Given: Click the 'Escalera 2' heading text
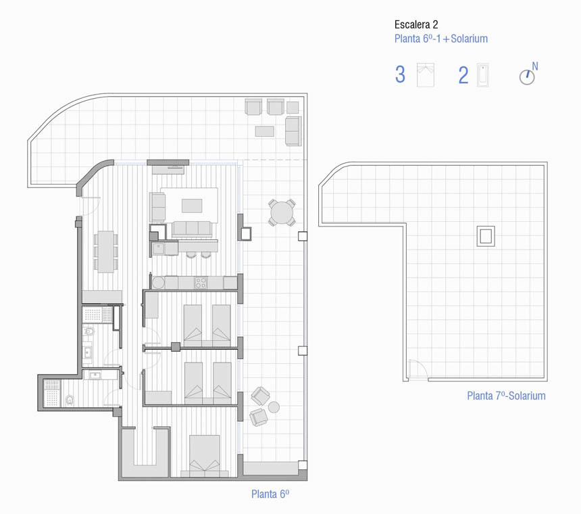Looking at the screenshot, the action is click(x=415, y=25).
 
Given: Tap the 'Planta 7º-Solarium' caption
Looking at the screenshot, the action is click(x=506, y=396).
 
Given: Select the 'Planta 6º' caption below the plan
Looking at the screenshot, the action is click(x=270, y=494).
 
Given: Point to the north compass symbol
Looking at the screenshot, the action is click(x=528, y=74).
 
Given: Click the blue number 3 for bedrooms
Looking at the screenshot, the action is click(x=400, y=74).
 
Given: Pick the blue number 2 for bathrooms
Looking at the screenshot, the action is click(x=463, y=75).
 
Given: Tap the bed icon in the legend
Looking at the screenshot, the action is click(x=426, y=75).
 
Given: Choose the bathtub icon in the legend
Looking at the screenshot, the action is click(x=483, y=75).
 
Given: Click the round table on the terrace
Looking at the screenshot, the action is click(x=282, y=212).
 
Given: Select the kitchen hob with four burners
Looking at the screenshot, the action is click(x=201, y=283).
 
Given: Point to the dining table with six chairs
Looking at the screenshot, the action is click(x=105, y=252).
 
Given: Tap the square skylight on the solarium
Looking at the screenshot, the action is click(x=486, y=236).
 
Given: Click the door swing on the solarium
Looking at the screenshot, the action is click(x=418, y=369).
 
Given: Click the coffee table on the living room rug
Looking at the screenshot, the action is click(x=192, y=206).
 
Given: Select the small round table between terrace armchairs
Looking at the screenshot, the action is click(x=274, y=407).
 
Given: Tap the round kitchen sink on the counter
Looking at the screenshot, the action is click(x=158, y=283).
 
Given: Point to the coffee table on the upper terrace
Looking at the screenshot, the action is click(x=265, y=131).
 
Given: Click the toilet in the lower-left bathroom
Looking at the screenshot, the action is click(x=70, y=400).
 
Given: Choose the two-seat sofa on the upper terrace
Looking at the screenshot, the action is click(x=293, y=131).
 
